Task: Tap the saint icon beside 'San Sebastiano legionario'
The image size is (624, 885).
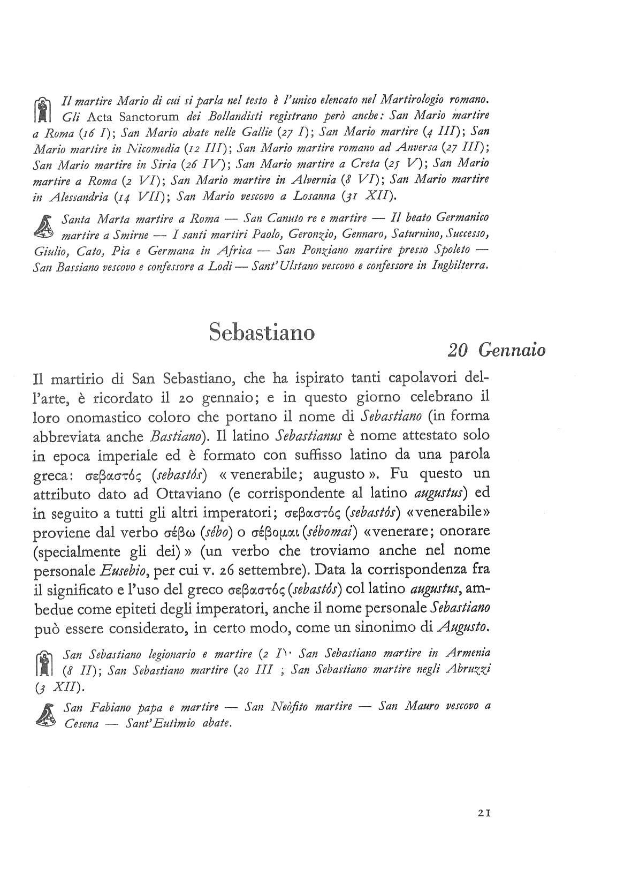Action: (x=44, y=663)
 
